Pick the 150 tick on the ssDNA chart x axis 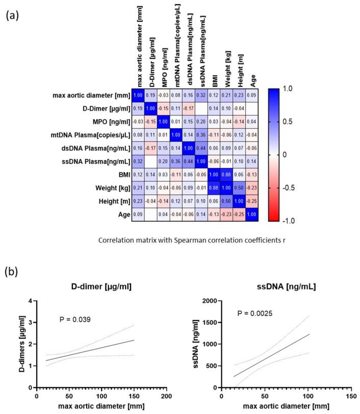click(x=350, y=396)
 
